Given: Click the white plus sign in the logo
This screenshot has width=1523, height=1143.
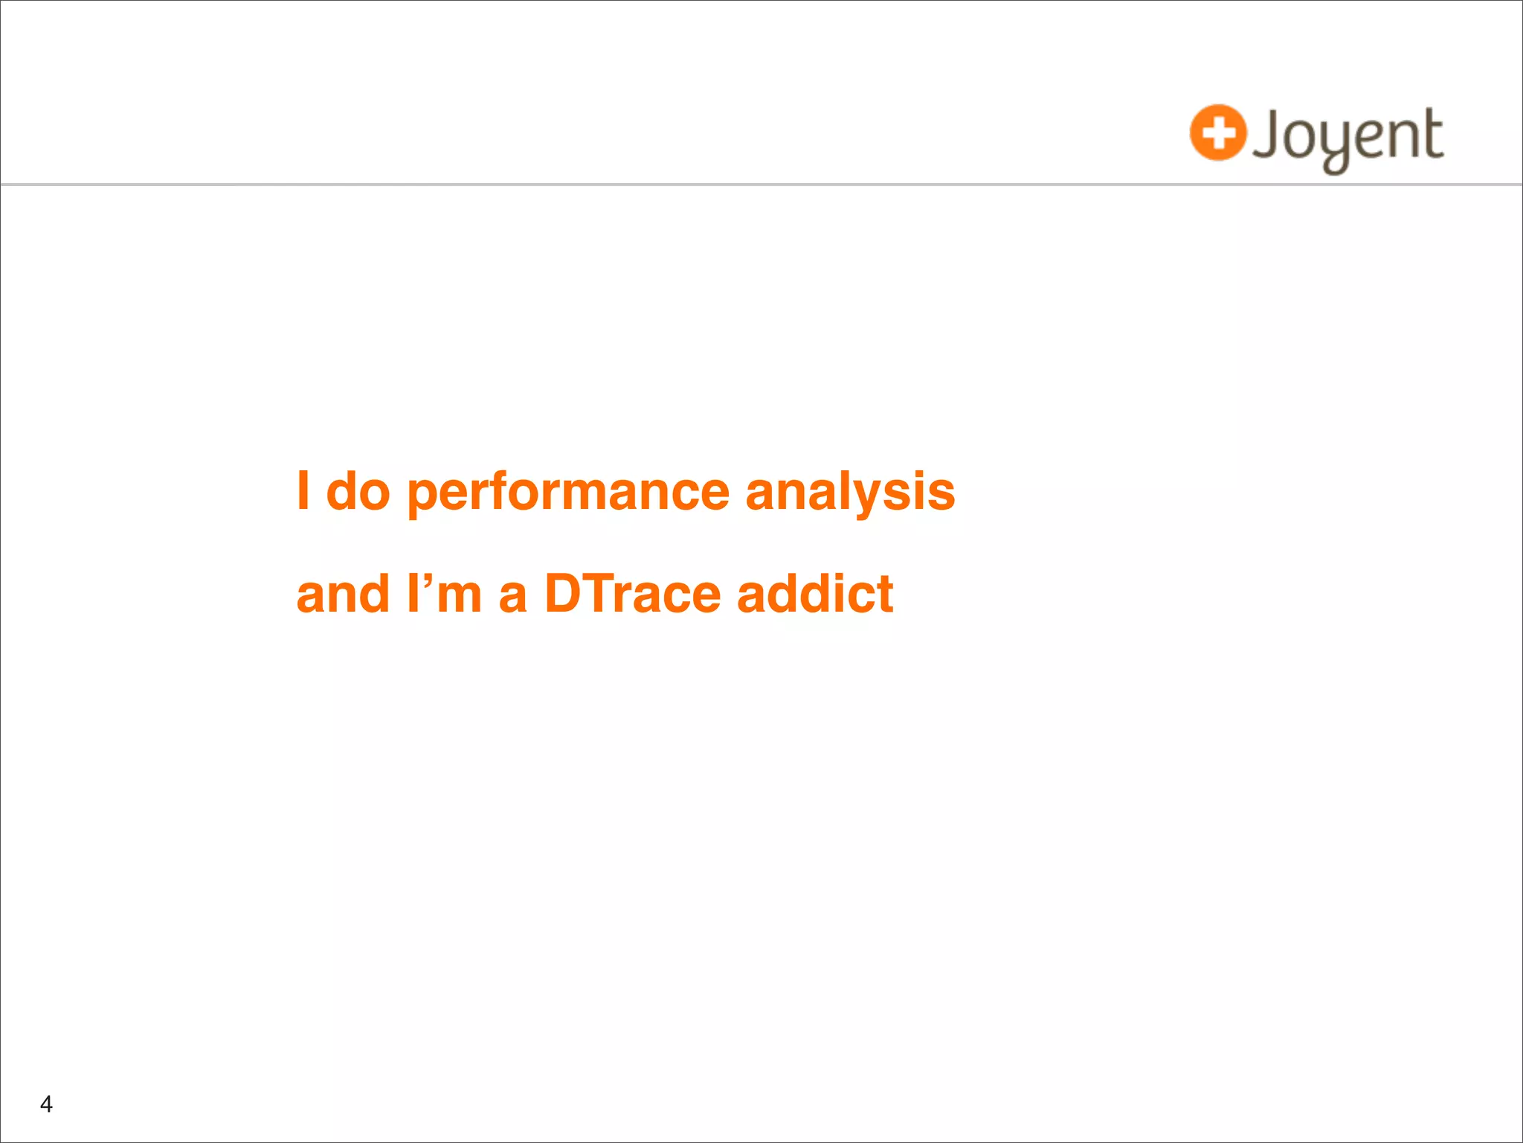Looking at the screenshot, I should pos(1217,133).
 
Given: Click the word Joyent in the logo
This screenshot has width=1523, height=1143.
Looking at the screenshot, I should pos(1347,136).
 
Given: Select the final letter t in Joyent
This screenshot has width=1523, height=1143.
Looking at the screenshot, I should pos(1430,134).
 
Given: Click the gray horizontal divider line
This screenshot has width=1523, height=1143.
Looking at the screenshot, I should pos(761,184).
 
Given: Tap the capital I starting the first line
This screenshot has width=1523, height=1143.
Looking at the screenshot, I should pos(303,490).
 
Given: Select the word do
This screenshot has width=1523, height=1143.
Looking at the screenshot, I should pos(358,492).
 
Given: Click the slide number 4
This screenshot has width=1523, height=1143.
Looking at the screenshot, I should pos(46,1104).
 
